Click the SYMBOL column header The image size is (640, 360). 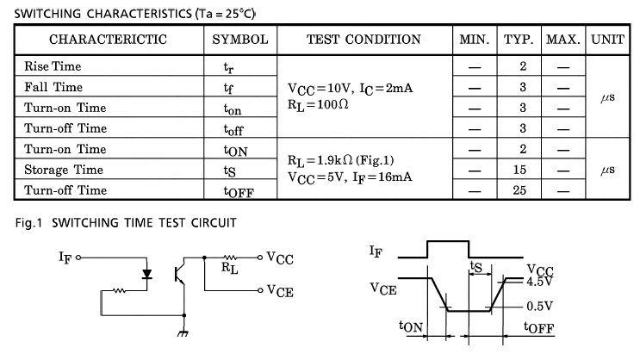coord(240,40)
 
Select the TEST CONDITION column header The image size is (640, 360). coord(363,40)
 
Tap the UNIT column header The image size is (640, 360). coord(609,40)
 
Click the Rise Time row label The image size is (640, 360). coord(53,66)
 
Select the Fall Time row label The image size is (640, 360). coord(53,87)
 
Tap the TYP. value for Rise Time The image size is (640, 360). coord(522,66)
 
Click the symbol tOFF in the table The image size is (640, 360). coord(239,192)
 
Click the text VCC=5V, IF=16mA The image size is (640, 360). coord(349,177)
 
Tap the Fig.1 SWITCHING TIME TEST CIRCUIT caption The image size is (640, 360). coord(126,223)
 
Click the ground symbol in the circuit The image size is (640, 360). coord(183,332)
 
